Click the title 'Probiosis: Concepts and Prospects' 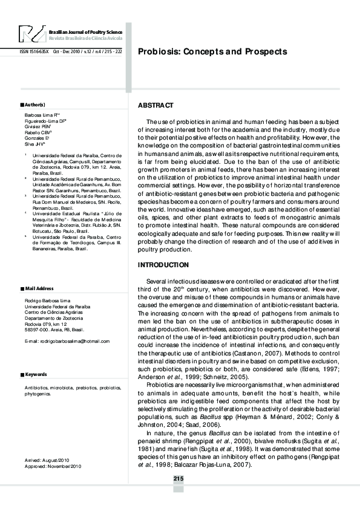(212, 52)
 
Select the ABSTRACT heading (156, 105)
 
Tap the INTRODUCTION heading (163, 265)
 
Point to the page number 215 (178, 479)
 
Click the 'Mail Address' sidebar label (38, 288)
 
